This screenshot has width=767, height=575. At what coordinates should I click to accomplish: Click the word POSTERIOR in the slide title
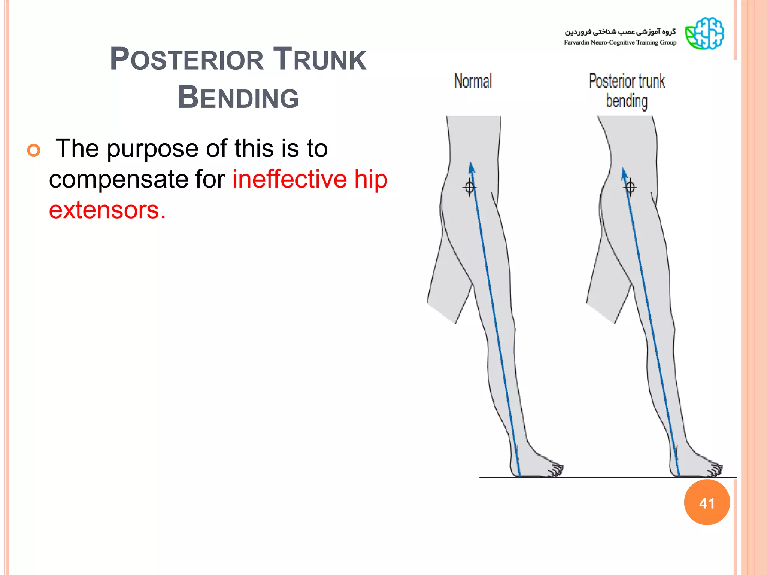187,60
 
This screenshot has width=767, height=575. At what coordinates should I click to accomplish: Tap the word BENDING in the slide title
238,98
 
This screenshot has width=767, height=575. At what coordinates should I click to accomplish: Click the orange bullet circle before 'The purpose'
34,150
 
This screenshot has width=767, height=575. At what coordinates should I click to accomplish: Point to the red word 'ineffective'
289,179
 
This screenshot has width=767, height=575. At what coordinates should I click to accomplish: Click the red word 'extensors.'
107,210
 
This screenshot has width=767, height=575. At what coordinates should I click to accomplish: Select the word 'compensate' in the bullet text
137,179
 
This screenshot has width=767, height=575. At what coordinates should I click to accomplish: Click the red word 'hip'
371,180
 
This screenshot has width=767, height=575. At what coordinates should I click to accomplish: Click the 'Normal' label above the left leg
473,81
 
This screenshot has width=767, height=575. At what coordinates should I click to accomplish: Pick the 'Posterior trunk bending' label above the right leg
627,91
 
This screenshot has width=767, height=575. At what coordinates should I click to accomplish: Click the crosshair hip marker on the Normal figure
469,187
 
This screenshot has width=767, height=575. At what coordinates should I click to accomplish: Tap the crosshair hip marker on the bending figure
630,187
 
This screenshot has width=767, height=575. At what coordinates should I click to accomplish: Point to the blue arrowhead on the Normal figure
472,168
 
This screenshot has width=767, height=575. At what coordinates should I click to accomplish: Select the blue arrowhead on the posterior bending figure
624,173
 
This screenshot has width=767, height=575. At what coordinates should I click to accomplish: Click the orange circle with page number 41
707,503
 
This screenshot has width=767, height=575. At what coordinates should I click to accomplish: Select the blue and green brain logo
704,34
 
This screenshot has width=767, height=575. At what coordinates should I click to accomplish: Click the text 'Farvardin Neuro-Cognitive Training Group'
620,43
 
